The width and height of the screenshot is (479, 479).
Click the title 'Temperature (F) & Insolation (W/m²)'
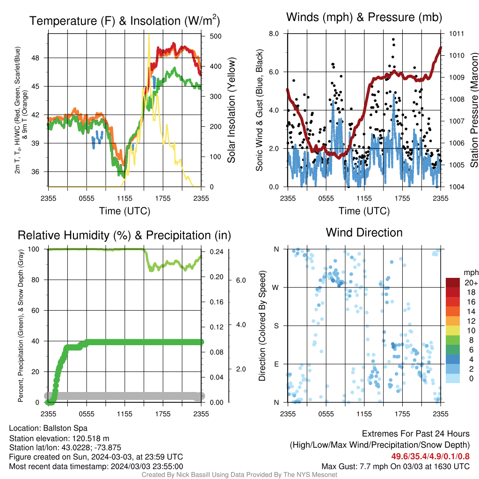tap(124, 21)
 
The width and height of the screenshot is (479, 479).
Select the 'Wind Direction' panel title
tap(364, 232)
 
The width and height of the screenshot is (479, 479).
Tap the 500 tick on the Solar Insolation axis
tap(216, 36)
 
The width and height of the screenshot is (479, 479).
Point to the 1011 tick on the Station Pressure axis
tap(457, 34)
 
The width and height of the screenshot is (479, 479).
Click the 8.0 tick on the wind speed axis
tap(274, 34)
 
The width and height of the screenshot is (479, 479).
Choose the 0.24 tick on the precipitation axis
tap(217, 252)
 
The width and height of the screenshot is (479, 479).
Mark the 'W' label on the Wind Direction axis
tap(276, 288)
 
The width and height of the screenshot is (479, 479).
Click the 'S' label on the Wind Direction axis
tap(276, 326)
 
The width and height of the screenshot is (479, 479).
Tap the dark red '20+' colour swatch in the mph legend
tap(453, 283)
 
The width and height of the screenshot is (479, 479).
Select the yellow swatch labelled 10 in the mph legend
tap(453, 331)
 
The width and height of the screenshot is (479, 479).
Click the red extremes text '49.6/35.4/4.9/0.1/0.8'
tap(430, 456)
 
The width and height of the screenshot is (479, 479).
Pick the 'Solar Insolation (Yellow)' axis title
tap(232, 110)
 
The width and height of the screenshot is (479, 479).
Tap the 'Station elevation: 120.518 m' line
tap(59, 438)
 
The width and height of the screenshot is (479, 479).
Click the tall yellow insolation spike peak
tap(149, 35)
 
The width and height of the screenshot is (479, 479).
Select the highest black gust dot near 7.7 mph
tap(393, 39)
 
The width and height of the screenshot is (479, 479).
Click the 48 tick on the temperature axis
tap(36, 58)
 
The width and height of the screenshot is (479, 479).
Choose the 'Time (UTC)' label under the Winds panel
tap(364, 211)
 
